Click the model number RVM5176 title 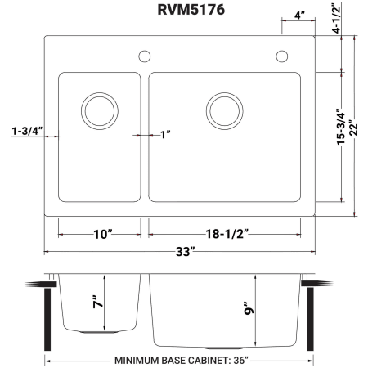(191, 10)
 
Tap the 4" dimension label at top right (299, 16)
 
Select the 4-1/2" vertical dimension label (337, 18)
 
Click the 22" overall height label (353, 128)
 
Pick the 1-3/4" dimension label (28, 131)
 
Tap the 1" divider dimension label (165, 135)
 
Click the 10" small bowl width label (103, 234)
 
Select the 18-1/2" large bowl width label (227, 234)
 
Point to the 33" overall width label (186, 252)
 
